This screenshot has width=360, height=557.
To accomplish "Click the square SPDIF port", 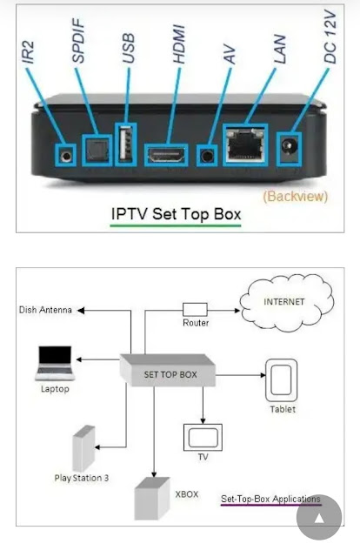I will tap(93, 150).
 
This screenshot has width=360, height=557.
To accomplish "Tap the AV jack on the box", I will tap(206, 156).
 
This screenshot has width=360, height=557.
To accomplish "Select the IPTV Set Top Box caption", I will tap(175, 214).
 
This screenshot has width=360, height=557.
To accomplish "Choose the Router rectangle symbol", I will tap(194, 309).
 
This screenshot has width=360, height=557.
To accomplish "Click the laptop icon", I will tap(54, 362).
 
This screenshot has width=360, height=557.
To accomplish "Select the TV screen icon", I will tap(202, 434).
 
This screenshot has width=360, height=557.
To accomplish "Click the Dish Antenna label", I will tap(45, 310).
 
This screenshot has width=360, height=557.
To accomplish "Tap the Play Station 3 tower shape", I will tap(83, 447).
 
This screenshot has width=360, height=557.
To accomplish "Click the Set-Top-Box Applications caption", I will tap(270, 499).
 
